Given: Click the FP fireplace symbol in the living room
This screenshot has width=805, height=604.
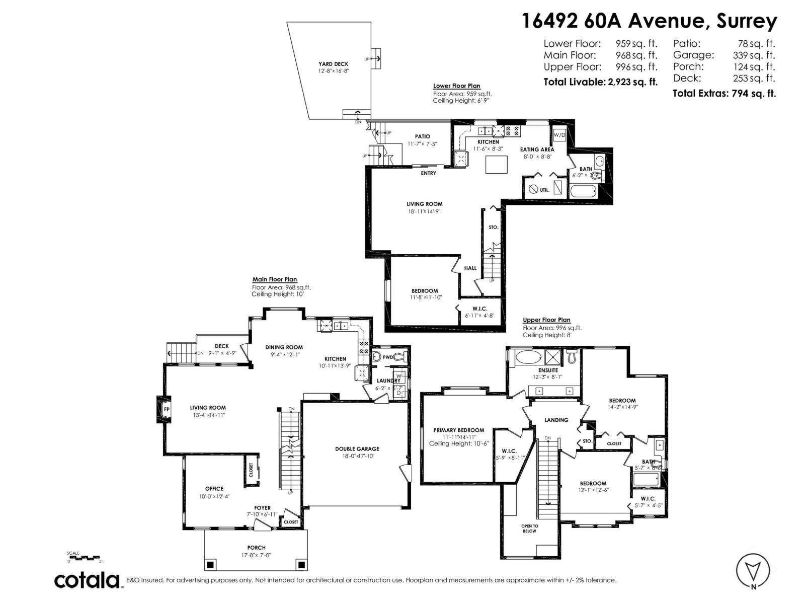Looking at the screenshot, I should pos(166,409).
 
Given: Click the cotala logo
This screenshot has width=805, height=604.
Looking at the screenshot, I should pos(87,580).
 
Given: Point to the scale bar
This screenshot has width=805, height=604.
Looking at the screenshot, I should pos(85,557).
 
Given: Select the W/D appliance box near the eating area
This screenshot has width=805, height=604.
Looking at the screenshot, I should pos(559,135).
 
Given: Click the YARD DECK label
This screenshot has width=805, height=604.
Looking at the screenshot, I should pos(333,64).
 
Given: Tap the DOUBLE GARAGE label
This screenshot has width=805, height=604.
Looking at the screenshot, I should pos(357,449).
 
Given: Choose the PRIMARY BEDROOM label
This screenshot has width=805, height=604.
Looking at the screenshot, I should pos(458,430).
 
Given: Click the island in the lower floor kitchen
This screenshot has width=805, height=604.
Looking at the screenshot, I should pos(496,165).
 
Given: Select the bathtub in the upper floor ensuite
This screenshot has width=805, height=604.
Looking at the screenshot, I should pos(527,357).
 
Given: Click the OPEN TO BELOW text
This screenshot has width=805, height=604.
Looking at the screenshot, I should pos(529,528).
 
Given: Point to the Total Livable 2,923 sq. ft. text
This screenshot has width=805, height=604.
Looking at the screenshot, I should pos(600,82).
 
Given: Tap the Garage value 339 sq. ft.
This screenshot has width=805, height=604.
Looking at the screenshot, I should pos(754,55).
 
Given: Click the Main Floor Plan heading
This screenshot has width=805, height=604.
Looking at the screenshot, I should pos(274,279).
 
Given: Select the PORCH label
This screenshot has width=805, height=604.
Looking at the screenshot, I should pos(256,548).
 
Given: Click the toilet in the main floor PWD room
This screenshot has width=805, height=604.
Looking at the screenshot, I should pos(400,357).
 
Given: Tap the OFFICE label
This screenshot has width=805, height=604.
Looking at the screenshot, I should pos(214,489).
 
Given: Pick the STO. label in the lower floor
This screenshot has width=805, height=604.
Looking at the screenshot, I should pos(493,228).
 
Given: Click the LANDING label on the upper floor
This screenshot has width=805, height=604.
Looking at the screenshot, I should pos(556,420).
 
